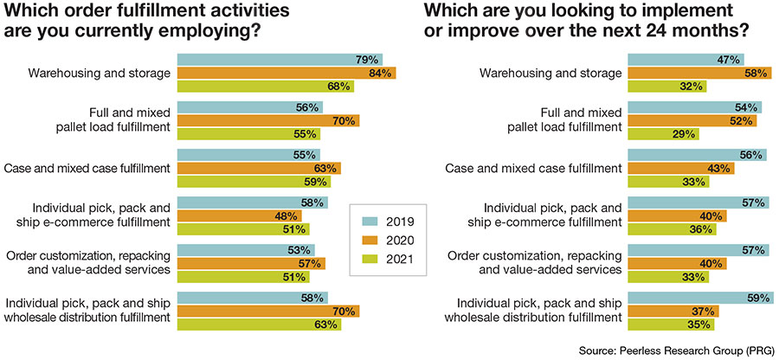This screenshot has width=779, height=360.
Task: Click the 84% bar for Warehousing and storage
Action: tap(286, 74)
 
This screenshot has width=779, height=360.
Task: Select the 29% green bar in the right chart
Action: tap(662, 133)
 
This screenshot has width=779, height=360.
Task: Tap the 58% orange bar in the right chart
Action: tap(698, 74)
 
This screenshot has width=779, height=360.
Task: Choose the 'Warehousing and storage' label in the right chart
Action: tap(550, 73)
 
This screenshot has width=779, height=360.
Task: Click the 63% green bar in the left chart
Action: tap(259, 325)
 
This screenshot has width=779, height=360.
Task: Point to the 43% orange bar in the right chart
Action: tap(680, 168)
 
